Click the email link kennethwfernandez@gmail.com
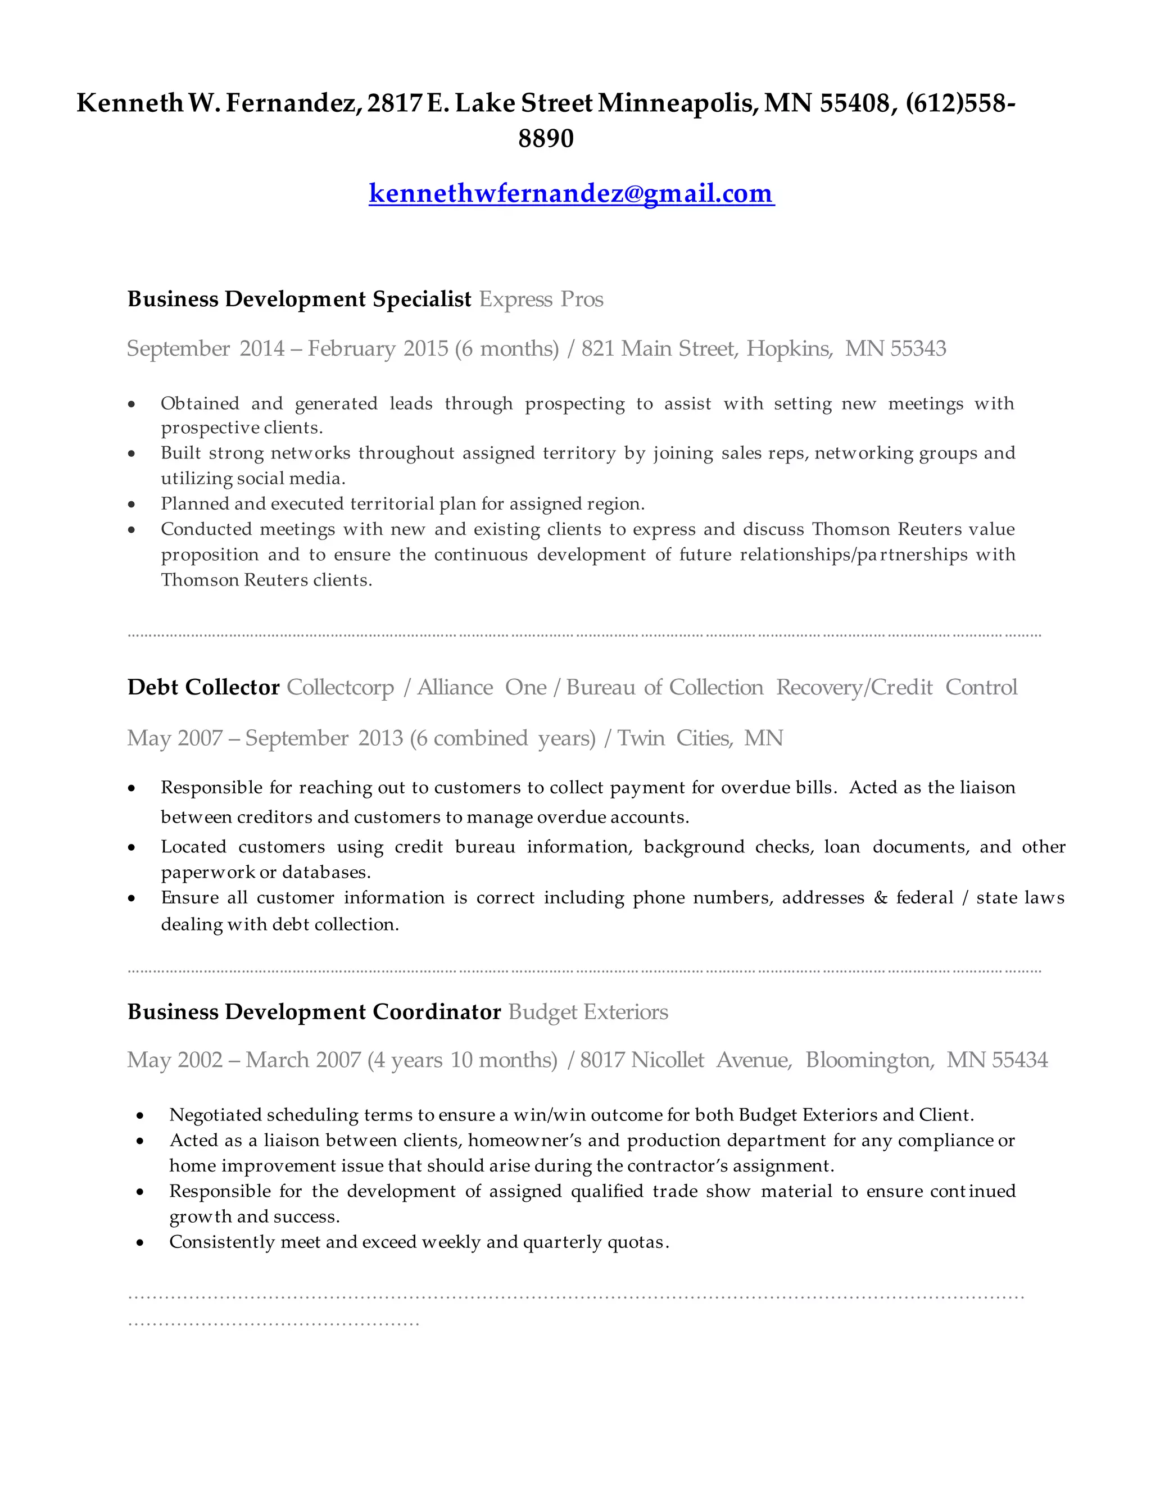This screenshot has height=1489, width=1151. pos(572,194)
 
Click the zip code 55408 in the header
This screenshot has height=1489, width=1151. pos(854,103)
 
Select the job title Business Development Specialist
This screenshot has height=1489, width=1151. pos(300,299)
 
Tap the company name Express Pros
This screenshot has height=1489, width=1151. pos(541,299)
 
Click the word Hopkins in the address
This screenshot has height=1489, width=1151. pos(789,348)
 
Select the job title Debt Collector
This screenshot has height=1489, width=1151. pos(203,687)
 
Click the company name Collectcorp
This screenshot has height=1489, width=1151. pos(340,687)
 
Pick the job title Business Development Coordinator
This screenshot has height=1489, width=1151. pos(314,1012)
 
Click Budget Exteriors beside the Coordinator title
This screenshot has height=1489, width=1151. pos(588,1012)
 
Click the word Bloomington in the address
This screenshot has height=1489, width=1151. pos(867,1060)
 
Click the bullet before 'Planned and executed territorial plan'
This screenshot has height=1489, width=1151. pos(132,505)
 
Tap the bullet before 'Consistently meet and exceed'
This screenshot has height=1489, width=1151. pos(141,1243)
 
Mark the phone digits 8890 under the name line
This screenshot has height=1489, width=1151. pos(546,138)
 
